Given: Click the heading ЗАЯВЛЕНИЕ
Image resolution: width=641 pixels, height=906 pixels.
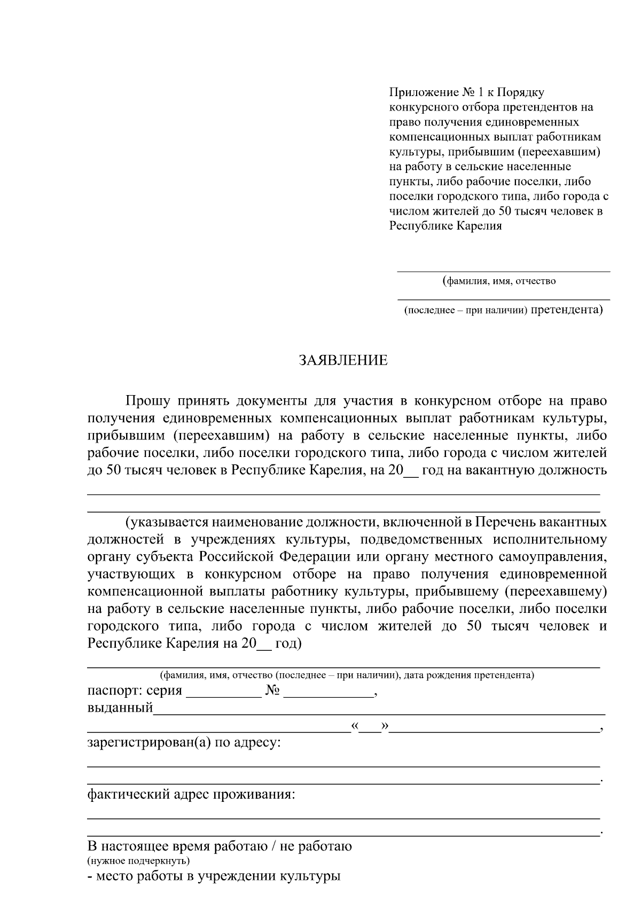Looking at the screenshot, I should click(x=343, y=360).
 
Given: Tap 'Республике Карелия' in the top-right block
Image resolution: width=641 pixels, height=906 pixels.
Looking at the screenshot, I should click(x=445, y=226).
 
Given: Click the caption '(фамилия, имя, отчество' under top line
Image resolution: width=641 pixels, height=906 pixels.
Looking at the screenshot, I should click(x=499, y=281).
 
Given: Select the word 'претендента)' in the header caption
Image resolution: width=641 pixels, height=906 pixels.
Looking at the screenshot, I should click(x=567, y=310).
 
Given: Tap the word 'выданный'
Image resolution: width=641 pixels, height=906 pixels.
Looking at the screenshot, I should click(x=120, y=708).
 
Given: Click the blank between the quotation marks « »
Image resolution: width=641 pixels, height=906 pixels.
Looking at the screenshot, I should click(x=370, y=727).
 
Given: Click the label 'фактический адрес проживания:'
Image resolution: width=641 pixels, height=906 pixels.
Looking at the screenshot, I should click(x=191, y=794).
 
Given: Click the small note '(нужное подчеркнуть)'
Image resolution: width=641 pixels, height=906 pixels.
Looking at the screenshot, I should click(x=138, y=861).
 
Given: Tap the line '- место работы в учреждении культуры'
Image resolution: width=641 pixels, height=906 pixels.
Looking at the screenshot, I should click(x=214, y=876).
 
